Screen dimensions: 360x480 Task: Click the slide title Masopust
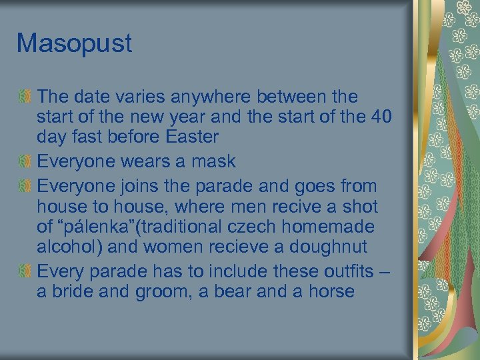[74, 44]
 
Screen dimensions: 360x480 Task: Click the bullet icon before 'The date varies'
[26, 97]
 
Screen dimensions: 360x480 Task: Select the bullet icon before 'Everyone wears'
[26, 161]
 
